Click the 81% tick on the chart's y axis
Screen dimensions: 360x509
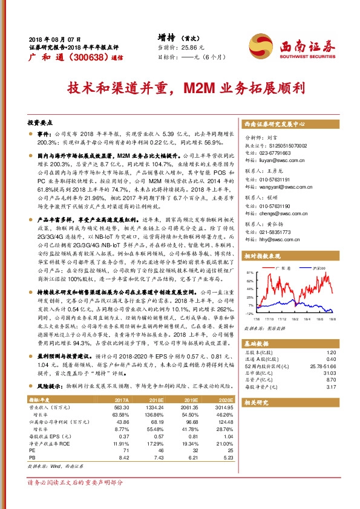249,273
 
